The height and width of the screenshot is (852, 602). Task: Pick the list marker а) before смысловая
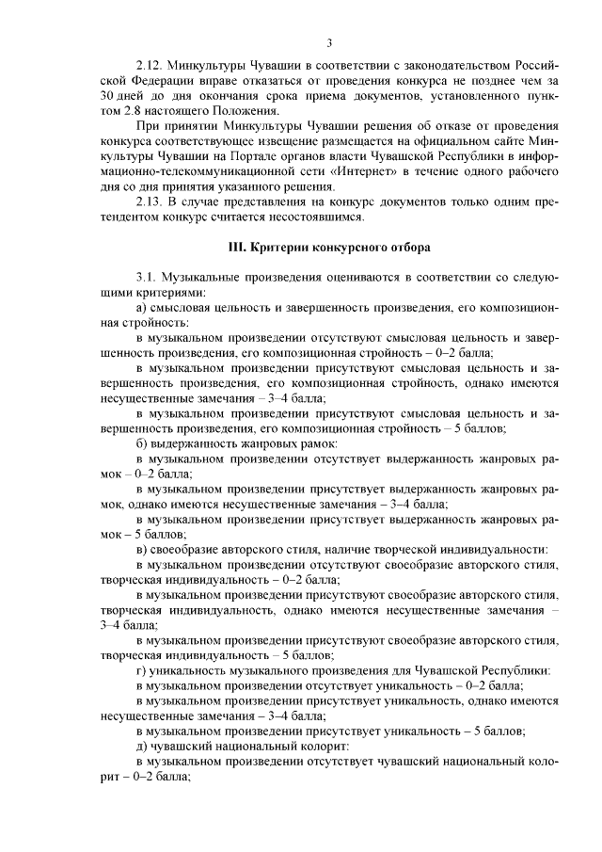pos(142,308)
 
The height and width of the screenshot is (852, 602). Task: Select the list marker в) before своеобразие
pos(142,548)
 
